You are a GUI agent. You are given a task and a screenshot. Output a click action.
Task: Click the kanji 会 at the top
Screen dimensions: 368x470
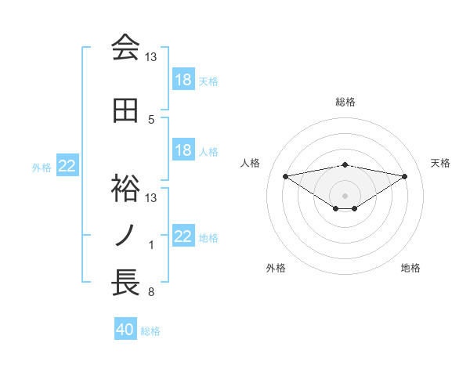[x=125, y=48]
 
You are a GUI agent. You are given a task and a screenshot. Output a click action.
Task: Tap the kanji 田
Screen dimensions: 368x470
[x=125, y=112]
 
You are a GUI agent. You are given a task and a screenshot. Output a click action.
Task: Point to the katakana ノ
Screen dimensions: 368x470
[x=125, y=236]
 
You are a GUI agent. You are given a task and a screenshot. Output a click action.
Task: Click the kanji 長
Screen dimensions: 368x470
[x=125, y=283]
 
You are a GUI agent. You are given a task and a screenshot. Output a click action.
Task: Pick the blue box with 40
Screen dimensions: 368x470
[x=125, y=330]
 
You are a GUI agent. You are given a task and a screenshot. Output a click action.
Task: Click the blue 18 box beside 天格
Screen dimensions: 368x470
[x=183, y=80]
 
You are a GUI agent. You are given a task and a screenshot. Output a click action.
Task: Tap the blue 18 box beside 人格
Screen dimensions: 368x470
[x=183, y=150]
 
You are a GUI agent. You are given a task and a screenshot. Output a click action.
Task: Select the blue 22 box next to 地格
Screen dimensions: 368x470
[x=183, y=236]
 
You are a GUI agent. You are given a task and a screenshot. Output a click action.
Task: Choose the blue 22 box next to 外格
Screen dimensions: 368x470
[x=67, y=166]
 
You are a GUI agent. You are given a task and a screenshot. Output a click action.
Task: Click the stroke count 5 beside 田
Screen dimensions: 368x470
[x=151, y=120]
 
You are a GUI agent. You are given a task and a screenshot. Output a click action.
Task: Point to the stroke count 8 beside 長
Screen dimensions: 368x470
[x=151, y=292]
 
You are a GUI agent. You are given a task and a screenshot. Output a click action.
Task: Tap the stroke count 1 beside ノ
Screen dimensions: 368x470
[x=151, y=245]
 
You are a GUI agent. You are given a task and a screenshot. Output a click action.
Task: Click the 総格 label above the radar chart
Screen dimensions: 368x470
[x=345, y=102]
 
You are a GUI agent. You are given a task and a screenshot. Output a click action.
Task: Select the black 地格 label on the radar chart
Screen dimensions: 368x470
[x=410, y=268]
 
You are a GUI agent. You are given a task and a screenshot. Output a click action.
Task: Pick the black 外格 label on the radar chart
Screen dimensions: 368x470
[x=276, y=268]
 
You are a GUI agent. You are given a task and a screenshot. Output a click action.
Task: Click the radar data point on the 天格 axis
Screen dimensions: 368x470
[x=405, y=175]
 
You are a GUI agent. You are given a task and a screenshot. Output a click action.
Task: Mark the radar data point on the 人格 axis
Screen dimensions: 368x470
[x=286, y=175]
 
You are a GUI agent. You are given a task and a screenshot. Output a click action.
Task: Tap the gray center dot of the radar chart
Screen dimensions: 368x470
[x=345, y=195]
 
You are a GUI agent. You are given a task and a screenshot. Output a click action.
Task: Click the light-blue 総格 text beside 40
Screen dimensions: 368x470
[x=150, y=331]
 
